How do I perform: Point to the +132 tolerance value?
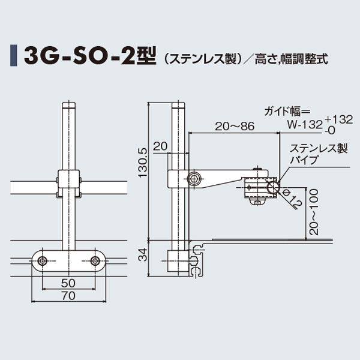336,119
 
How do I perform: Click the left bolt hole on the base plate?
43,261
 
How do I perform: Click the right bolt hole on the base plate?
95,261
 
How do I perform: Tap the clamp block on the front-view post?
68,183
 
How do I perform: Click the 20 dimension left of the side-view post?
160,146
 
